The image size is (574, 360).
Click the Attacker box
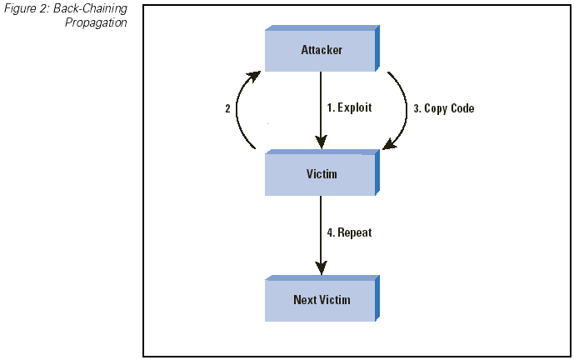pos(322,48)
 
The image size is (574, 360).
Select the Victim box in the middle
pos(322,172)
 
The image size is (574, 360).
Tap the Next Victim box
pos(322,298)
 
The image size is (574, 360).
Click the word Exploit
pos(354,107)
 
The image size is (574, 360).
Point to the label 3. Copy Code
pos(444,108)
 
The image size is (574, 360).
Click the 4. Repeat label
pos(349,232)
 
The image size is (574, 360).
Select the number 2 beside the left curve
pos(227,109)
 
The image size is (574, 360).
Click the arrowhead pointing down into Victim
pos(321,142)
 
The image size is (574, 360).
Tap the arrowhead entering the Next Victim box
pos(321,267)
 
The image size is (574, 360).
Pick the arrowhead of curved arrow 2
pos(254,76)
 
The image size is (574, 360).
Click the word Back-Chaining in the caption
pos(91,9)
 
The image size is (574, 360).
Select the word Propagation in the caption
pos(96,22)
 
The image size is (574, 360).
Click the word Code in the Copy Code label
pos(462,108)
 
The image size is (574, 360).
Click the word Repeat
pos(355,232)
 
